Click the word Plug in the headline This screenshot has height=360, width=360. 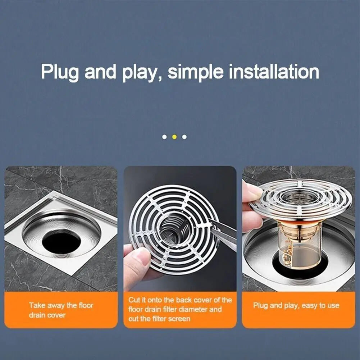pos(60,72)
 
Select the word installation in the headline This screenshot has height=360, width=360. pos(274,71)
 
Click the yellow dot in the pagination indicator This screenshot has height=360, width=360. pos(174,137)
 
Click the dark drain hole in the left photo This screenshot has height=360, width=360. pos(61,241)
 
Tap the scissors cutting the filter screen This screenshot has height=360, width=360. pos(225,234)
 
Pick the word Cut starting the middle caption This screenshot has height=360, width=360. pos(134,300)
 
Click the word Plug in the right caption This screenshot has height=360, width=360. pos(261,306)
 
